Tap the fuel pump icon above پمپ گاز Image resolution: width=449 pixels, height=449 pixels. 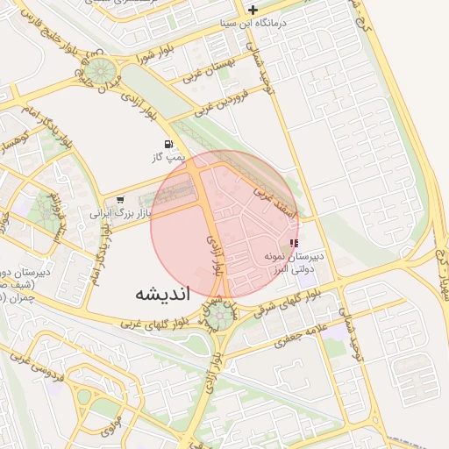tap(167, 144)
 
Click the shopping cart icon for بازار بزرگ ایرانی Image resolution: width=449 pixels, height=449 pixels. tap(119, 200)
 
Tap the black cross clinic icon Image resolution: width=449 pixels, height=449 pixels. tap(253, 10)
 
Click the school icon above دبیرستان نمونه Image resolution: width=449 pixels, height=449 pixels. tap(293, 243)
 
